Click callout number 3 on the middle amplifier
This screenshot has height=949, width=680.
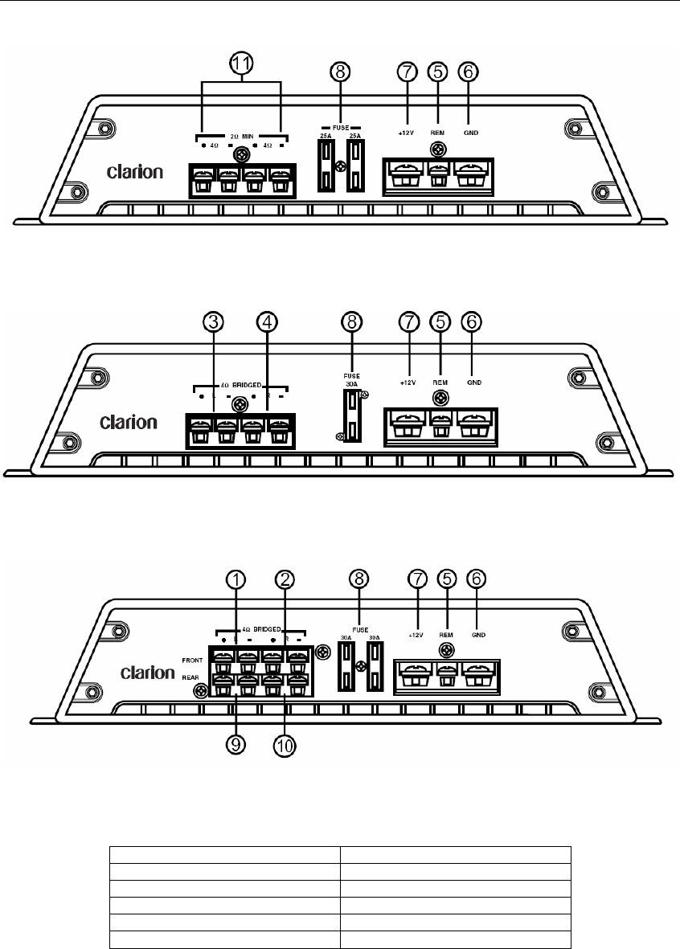[212, 323]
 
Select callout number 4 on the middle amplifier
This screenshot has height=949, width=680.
[267, 323]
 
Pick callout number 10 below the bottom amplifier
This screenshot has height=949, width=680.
[286, 744]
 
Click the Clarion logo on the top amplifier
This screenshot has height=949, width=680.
[135, 171]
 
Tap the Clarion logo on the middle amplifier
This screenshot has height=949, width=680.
[129, 422]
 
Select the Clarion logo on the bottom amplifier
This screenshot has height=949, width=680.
[148, 671]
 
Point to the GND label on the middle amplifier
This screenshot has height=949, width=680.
[473, 382]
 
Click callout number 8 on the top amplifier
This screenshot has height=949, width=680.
[342, 71]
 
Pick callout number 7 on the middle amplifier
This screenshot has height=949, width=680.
[410, 323]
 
